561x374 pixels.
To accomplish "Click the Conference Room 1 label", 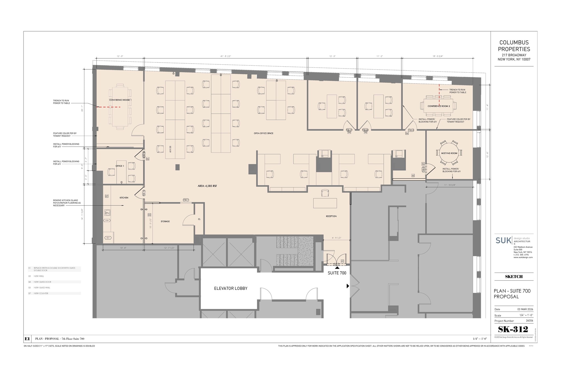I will click(120, 100).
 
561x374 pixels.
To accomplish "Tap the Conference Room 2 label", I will click(439, 106).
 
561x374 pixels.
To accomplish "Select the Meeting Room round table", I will click(449, 153).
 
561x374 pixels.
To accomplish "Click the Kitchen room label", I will click(124, 198).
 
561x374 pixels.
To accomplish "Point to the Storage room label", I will click(165, 221).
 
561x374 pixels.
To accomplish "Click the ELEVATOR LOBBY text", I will click(231, 288).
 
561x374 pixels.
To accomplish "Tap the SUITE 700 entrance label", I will click(337, 273).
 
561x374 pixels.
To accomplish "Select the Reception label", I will click(331, 216).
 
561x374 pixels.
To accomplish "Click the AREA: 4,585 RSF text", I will click(207, 186).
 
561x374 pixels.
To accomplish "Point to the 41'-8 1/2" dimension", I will click(226, 56).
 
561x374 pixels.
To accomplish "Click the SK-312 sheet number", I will click(513, 329).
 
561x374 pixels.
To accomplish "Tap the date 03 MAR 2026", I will click(525, 309).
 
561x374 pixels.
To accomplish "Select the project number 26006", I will click(529, 321).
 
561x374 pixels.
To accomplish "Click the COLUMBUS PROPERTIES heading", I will click(514, 46).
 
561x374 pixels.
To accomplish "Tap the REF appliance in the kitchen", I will click(108, 238).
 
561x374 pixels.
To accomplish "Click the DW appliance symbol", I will click(107, 220).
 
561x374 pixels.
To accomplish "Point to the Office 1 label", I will click(120, 166).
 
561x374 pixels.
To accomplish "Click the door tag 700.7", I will click(186, 200).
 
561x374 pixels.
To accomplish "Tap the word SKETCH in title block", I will click(514, 277).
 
